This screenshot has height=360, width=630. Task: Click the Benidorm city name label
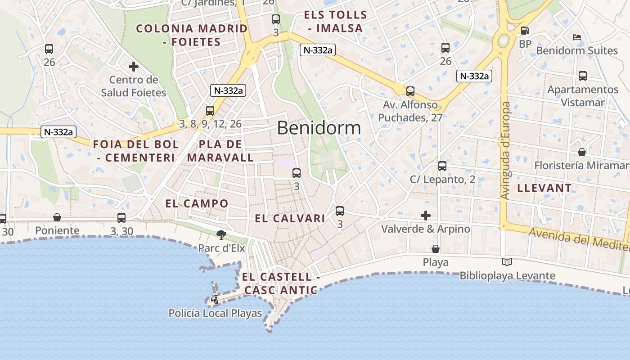pos(319,128)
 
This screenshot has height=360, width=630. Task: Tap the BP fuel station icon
pos(525,31)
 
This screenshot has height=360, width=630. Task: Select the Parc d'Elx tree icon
pos(221,234)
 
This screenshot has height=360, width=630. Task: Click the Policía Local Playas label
pos(215,313)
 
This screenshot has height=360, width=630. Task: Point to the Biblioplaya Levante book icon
pos(507,262)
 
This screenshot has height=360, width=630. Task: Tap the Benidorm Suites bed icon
pos(577,37)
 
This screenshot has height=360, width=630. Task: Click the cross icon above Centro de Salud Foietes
pos(133,67)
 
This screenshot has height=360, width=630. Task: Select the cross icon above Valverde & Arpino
pos(425,216)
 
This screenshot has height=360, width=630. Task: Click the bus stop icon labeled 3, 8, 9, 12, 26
pos(210,110)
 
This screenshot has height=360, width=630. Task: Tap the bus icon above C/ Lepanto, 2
pos(442,166)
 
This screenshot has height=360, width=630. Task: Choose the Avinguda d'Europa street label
pos(506,151)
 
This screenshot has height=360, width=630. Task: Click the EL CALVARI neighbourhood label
pos(290,219)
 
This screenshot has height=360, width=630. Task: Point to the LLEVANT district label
pos(544,188)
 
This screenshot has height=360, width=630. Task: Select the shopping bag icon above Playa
pos(435,249)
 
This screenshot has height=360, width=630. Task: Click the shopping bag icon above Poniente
pos(57,218)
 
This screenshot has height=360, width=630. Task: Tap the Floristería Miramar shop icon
pos(582,152)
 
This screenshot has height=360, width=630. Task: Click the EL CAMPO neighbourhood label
pos(197,203)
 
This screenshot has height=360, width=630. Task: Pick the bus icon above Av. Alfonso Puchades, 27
pos(410,91)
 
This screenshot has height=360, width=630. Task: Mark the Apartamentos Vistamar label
pos(583,96)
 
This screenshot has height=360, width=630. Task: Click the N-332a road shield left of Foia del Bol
pos(58,132)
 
